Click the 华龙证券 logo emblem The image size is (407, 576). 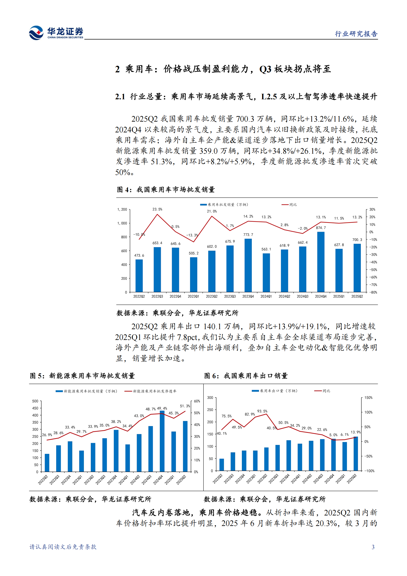(x=36, y=33)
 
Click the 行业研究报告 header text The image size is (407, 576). (x=356, y=34)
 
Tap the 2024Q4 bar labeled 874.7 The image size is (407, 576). (x=321, y=262)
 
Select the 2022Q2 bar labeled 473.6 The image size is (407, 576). (x=139, y=276)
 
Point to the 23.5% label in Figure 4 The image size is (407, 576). (x=157, y=209)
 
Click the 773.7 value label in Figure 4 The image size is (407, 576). (x=248, y=235)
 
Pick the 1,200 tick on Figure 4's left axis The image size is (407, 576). (x=122, y=210)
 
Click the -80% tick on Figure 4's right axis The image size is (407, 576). (x=373, y=292)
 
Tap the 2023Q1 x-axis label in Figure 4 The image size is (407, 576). (x=193, y=296)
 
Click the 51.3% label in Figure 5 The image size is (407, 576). (x=185, y=406)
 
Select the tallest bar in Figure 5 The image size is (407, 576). (x=162, y=441)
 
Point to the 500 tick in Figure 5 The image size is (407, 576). (x=35, y=401)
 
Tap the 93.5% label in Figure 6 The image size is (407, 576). (x=262, y=411)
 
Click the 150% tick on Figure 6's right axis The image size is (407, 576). (x=368, y=398)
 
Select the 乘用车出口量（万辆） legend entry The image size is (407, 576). (x=275, y=391)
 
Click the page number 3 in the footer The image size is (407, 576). (x=373, y=547)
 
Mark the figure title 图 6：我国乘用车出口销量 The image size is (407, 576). (x=246, y=376)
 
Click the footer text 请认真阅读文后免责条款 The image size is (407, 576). (x=63, y=547)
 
